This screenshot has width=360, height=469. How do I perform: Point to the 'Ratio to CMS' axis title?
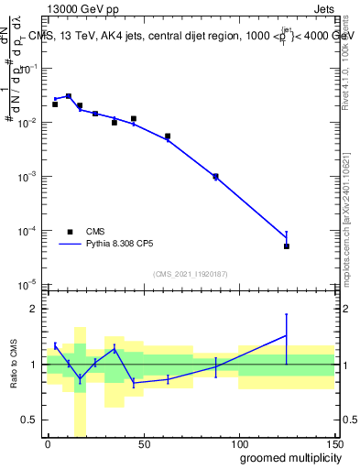(14, 365)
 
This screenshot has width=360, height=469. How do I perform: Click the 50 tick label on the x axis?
(143, 443)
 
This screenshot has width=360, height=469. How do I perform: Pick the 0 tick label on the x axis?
(48, 443)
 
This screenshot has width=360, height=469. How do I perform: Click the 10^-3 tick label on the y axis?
(25, 176)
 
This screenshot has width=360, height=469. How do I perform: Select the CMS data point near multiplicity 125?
(287, 246)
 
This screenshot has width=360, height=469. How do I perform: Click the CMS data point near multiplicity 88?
(215, 176)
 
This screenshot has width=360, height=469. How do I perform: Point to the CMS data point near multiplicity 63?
(168, 136)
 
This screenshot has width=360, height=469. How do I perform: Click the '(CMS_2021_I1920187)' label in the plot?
(191, 274)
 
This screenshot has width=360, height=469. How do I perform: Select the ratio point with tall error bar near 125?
(287, 335)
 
